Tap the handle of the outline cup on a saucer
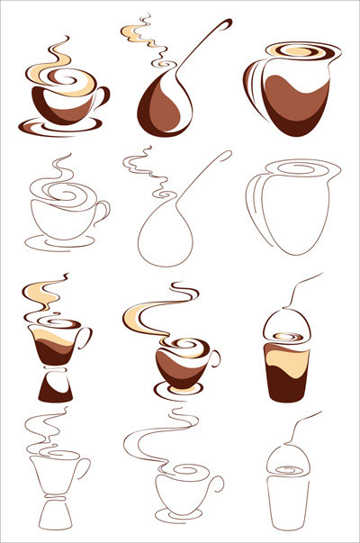coord(103,213)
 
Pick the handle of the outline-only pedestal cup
coord(83,468)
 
